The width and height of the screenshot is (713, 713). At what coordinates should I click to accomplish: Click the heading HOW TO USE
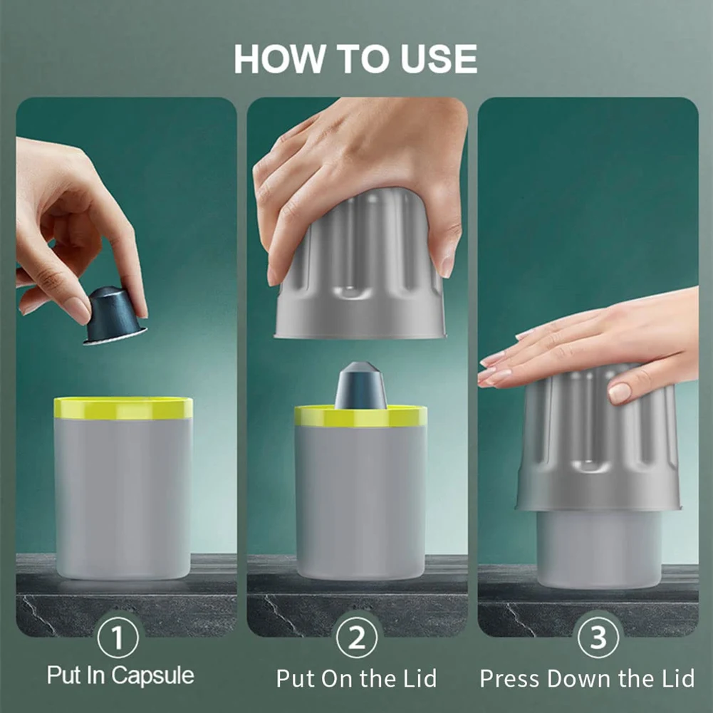pos(355,59)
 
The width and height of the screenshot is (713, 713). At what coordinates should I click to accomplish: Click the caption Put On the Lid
pos(356,678)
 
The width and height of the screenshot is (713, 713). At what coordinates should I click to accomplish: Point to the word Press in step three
pos(509,678)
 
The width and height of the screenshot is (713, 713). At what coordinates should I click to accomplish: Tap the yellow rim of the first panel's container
pos(123,408)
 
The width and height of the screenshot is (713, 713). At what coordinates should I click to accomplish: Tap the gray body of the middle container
pos(360,499)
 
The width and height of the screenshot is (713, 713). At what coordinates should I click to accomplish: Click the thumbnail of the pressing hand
pos(619,392)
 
